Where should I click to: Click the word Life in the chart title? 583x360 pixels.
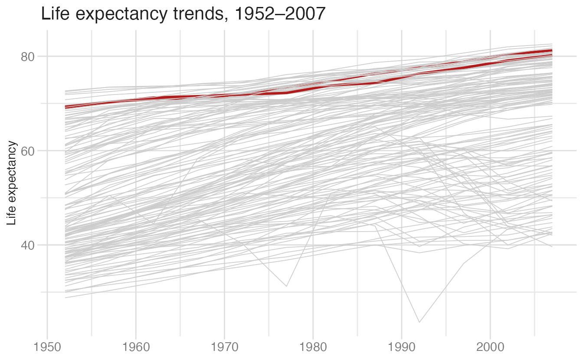55,13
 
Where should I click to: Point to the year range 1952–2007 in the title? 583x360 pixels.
280,13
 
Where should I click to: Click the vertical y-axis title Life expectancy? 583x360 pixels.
11,183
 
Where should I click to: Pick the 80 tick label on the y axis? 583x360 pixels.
28,57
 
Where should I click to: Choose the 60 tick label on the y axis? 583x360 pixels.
28,151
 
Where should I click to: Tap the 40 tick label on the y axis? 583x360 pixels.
28,245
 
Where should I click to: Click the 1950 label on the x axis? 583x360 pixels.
47,347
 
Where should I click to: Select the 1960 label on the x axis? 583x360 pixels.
136,347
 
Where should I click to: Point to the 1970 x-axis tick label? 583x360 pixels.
224,347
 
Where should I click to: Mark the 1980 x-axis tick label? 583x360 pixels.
313,347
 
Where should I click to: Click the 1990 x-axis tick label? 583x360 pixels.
402,347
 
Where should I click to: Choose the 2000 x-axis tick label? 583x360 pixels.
490,347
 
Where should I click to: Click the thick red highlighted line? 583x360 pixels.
309,88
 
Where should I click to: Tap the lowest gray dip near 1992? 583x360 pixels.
419,322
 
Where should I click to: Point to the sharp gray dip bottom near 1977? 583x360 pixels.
287,286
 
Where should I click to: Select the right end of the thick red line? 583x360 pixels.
552,50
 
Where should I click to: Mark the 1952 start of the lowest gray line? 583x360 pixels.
66,298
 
